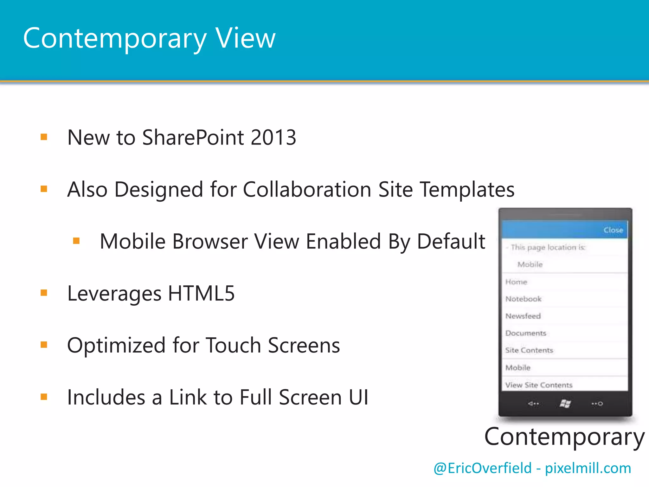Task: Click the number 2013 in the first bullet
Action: (x=273, y=138)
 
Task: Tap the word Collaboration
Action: (x=307, y=190)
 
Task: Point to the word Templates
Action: (x=467, y=190)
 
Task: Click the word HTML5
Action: (x=201, y=293)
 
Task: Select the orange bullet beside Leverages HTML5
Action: (x=44, y=293)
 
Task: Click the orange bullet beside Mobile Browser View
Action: (x=76, y=241)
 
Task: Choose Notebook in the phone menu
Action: (x=524, y=299)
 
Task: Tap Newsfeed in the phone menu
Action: (x=523, y=316)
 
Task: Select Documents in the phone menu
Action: (x=526, y=333)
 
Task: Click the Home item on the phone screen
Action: (x=516, y=282)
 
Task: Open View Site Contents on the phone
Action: (x=539, y=385)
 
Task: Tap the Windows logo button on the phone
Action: (x=565, y=404)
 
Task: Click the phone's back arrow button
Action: (x=533, y=404)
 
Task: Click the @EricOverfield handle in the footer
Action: (x=482, y=468)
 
